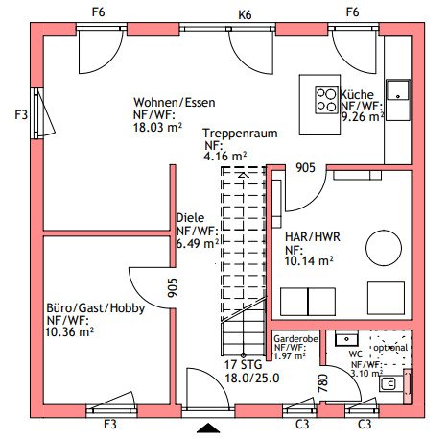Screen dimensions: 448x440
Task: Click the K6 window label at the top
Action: pos(245,15)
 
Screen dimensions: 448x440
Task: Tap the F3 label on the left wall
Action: pos(21,114)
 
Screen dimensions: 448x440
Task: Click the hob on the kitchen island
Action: pos(326,100)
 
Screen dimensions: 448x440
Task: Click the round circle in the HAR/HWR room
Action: pos(384,248)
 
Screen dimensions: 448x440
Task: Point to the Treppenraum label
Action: pos(240,134)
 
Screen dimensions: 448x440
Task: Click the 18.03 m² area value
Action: pos(157,127)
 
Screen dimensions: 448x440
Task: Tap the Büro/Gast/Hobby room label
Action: pos(96,308)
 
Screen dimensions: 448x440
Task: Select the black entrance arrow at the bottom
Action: pos(208,428)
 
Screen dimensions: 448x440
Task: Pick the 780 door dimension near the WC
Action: pos(323,383)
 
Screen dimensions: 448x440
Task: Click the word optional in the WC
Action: pos(390,348)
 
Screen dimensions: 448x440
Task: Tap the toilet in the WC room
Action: pos(389,383)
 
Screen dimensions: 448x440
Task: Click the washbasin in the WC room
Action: pos(346,339)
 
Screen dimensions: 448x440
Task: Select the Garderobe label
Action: pos(295,339)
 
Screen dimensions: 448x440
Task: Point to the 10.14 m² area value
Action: pos(309,261)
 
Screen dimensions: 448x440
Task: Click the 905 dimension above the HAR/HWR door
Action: pos(305,167)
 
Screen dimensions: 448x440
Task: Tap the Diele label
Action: pos(190,218)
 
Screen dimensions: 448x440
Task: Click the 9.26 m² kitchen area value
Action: pos(363,117)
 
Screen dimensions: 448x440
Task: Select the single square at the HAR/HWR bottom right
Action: pos(386,298)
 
